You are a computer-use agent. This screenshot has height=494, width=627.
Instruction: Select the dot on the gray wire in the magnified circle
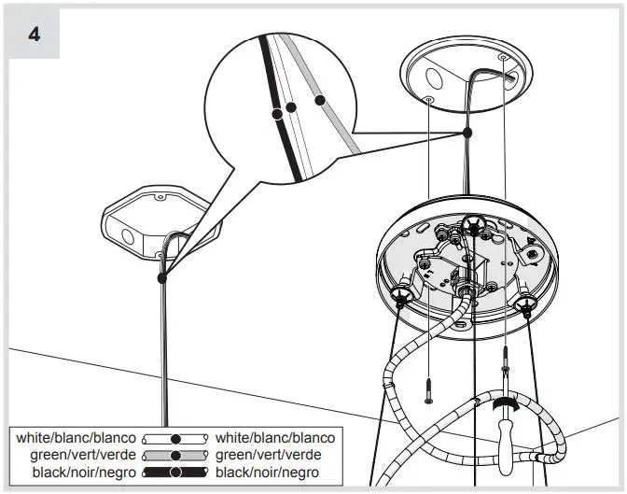tap(319, 99)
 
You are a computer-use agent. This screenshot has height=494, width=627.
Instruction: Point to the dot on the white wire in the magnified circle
tap(291, 107)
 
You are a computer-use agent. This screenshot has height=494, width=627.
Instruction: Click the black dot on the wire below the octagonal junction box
tap(162, 277)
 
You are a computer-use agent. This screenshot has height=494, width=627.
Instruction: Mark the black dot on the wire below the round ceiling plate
tap(467, 134)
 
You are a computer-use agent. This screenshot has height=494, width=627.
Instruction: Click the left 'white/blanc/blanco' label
tap(76, 437)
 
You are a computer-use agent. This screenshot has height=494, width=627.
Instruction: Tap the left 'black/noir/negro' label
tap(85, 473)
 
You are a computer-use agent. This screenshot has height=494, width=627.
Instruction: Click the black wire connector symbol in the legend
tap(174, 473)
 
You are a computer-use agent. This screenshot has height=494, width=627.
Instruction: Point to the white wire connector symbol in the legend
tap(174, 438)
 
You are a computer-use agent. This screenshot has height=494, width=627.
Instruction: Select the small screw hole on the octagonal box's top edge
tap(160, 198)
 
